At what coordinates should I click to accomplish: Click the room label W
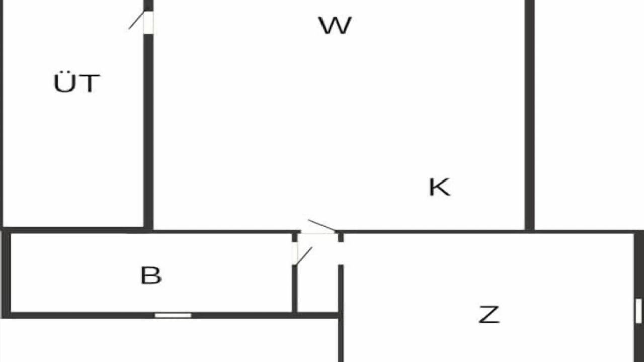(x=335, y=25)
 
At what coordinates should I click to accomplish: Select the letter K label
(x=440, y=188)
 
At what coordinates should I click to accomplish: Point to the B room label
(x=151, y=275)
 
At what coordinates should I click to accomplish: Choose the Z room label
(x=489, y=315)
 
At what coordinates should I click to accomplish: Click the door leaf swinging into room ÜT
(x=136, y=20)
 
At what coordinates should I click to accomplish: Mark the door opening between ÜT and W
(x=148, y=23)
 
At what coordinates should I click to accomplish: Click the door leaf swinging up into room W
(x=321, y=225)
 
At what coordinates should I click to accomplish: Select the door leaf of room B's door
(x=303, y=256)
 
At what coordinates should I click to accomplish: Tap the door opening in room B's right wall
(x=295, y=253)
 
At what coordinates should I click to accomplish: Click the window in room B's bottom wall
(x=173, y=315)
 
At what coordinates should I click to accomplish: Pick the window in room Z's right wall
(x=639, y=311)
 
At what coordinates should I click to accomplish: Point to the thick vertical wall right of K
(x=530, y=115)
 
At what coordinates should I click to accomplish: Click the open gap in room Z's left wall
(x=341, y=253)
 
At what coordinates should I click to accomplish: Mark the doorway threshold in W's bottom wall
(x=318, y=232)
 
